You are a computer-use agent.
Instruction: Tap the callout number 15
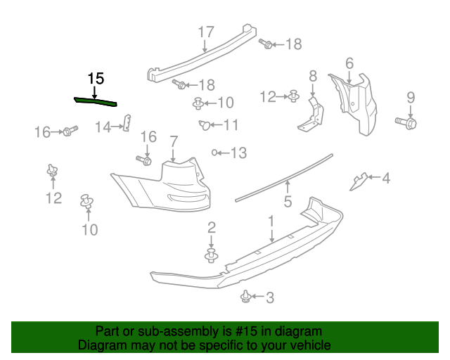(95, 78)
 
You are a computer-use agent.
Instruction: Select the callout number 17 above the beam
(205, 32)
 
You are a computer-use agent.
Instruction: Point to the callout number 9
(411, 98)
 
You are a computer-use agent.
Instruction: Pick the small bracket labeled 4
(359, 181)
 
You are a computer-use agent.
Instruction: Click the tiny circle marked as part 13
(214, 152)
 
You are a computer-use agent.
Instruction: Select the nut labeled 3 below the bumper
(247, 297)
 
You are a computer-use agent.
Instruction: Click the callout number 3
(269, 297)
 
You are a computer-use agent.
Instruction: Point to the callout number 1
(271, 221)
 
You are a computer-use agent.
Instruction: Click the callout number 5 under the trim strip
(288, 202)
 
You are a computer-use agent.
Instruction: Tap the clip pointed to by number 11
(205, 125)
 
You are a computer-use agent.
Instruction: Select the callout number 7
(173, 142)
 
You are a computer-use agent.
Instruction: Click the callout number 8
(313, 75)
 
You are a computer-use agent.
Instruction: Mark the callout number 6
(349, 63)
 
